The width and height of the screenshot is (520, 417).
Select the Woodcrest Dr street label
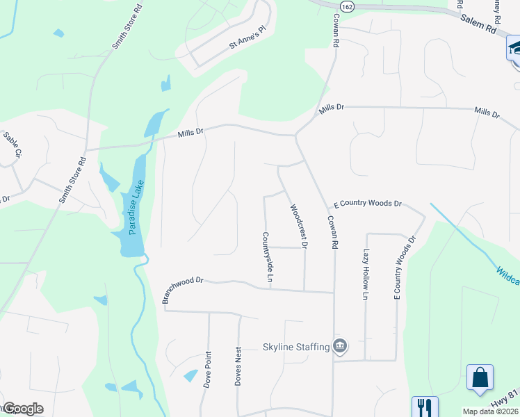pos(298,226)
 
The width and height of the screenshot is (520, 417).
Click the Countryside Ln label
pos(266,257)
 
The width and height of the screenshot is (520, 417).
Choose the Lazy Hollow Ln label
pos(365,275)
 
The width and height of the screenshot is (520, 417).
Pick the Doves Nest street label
pos(238,366)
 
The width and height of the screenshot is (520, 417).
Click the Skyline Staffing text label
pos(295,347)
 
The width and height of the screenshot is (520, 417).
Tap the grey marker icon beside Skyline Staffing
pos(340,345)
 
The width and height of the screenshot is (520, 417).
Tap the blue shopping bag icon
pos(480,379)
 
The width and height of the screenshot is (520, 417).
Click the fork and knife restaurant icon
pos(424,407)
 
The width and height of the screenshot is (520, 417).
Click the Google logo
pos(23,409)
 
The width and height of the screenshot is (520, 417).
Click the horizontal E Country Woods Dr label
pos(368,204)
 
